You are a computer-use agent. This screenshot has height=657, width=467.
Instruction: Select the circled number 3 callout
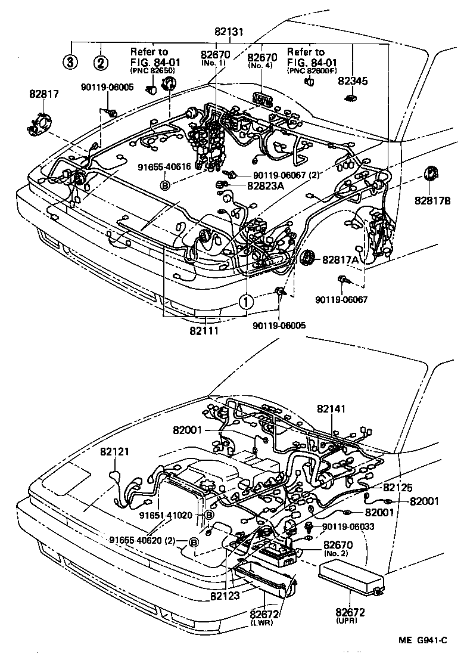(71, 61)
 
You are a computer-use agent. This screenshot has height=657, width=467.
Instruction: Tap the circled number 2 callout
(102, 61)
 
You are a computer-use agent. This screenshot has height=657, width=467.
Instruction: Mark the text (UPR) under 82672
(350, 621)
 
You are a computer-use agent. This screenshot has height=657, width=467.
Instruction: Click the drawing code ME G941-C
(422, 640)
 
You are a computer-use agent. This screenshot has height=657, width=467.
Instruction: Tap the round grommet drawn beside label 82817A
(308, 259)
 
